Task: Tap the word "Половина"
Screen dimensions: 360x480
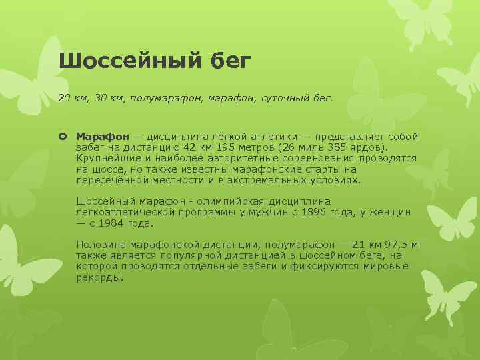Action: pyautogui.click(x=99, y=245)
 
